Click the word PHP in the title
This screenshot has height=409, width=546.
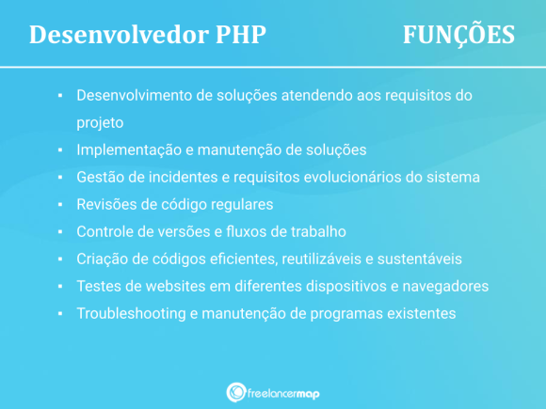click(233, 34)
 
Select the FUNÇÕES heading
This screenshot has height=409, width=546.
click(458, 34)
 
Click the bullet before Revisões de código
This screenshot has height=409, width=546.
click(59, 204)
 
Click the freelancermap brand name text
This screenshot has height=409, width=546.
click(285, 392)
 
